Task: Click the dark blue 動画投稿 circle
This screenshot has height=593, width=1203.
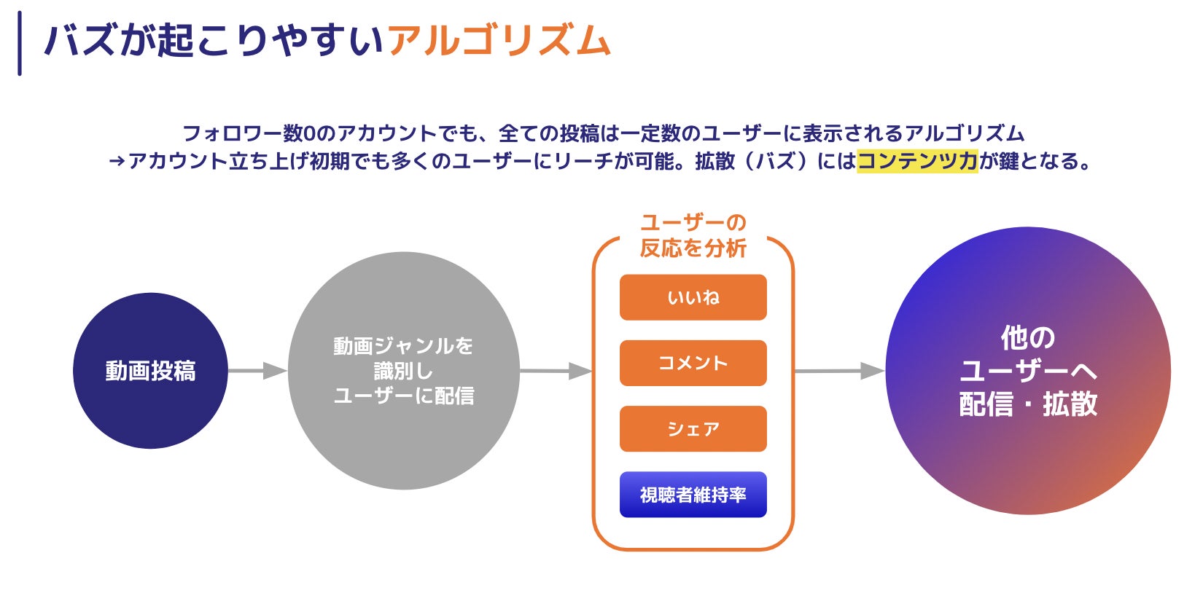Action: pos(150,371)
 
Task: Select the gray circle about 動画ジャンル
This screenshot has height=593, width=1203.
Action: pos(403,371)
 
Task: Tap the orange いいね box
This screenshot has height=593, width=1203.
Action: pos(693,297)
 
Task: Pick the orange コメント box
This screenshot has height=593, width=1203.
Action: pos(693,363)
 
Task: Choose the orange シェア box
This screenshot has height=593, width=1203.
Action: pos(693,429)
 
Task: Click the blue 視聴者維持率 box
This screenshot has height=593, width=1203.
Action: pos(693,495)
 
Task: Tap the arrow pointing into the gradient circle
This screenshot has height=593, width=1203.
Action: pos(838,372)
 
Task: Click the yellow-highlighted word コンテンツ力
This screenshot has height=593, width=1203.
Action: pos(916,161)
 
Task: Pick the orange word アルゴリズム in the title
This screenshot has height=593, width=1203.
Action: pos(499,41)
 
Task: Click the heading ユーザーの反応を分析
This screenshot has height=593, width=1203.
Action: pos(693,235)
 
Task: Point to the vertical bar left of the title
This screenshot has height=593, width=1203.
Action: pos(20,43)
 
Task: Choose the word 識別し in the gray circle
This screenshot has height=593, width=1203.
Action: pos(403,371)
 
